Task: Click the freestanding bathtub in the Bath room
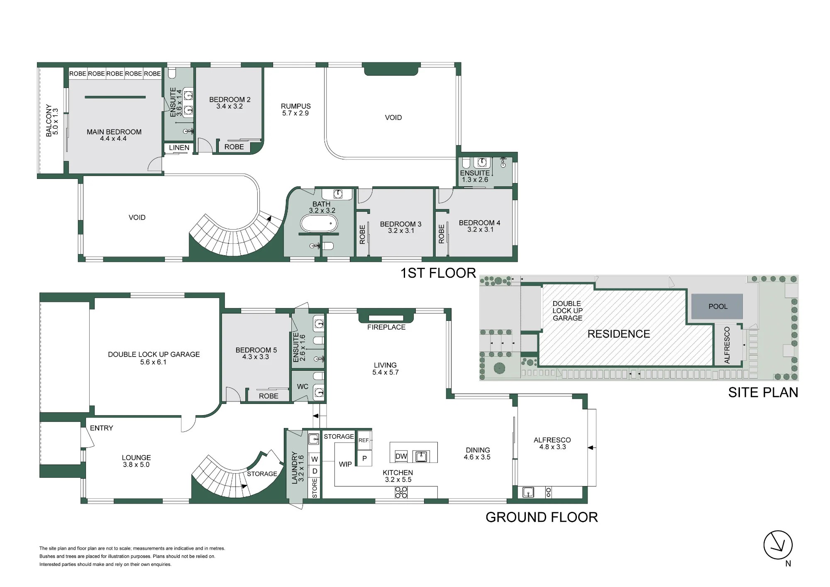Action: coord(319,224)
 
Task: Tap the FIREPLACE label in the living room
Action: coord(386,327)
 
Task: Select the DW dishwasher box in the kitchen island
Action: coord(401,456)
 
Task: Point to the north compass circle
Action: coord(778,545)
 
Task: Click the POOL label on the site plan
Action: coord(718,306)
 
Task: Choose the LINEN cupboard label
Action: coord(179,148)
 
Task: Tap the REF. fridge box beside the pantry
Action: coord(364,440)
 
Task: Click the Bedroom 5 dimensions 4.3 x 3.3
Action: coord(255,357)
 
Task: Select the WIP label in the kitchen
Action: coord(345,464)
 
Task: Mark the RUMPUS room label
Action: coord(295,106)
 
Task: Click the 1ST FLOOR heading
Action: coord(438,273)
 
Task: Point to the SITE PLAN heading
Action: coord(763,392)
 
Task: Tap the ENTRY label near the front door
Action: coord(101,428)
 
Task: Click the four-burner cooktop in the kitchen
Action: coord(401,492)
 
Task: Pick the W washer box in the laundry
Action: coord(315,459)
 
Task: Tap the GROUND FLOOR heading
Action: coord(542,517)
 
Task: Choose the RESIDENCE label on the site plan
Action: coord(618,334)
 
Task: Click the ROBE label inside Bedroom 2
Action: coord(234,147)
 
